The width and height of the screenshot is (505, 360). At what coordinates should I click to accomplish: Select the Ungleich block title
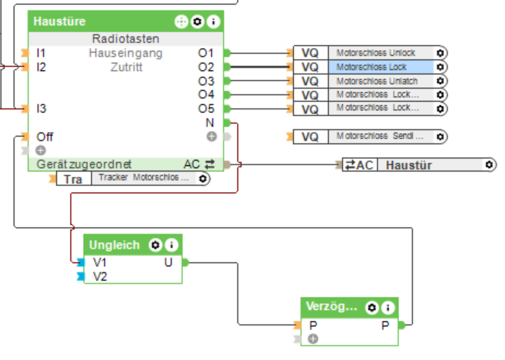click(114, 245)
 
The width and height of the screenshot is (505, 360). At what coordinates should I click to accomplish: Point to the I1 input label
click(41, 53)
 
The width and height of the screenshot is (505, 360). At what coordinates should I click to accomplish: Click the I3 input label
click(41, 108)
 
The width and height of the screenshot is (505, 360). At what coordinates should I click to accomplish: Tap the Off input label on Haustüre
click(44, 136)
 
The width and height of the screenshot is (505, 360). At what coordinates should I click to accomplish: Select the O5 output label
click(206, 108)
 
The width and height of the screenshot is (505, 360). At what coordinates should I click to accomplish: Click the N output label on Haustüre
click(210, 122)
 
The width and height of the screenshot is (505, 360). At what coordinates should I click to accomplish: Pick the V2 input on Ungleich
click(100, 276)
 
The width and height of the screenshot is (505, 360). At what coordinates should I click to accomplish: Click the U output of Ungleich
click(169, 263)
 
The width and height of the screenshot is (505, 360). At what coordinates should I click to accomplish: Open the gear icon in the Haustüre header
click(198, 22)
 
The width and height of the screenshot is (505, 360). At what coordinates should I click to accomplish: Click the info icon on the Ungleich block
click(171, 245)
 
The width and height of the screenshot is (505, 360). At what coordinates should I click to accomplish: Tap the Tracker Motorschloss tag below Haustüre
click(143, 179)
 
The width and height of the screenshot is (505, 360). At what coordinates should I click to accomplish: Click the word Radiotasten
click(126, 39)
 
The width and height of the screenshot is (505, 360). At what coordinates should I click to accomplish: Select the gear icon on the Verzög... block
click(372, 308)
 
